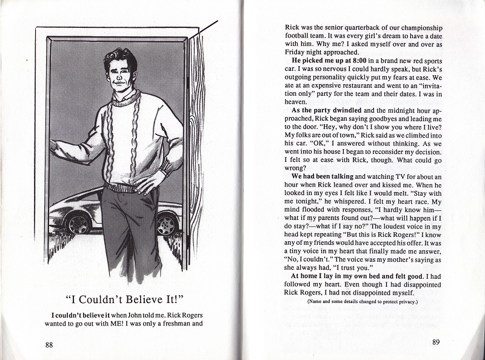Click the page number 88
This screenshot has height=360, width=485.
tap(49, 345)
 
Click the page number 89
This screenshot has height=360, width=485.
tap(436, 342)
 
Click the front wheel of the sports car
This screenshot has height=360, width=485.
tap(78, 224)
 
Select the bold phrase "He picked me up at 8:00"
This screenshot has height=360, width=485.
tap(327, 61)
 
